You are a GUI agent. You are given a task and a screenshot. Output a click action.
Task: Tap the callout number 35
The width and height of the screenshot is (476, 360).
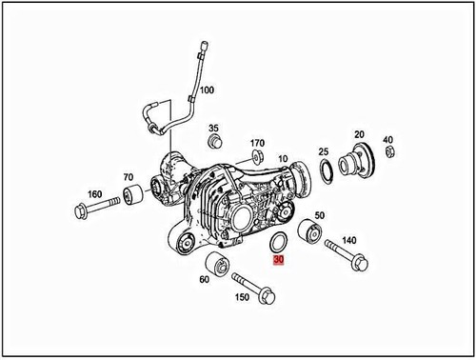click(x=213, y=129)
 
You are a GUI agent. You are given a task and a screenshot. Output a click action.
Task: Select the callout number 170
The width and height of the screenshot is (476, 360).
click(x=257, y=144)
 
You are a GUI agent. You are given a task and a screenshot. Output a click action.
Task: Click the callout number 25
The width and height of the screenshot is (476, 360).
click(x=323, y=151)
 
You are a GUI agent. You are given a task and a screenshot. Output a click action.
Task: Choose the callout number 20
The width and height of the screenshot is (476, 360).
click(x=359, y=134)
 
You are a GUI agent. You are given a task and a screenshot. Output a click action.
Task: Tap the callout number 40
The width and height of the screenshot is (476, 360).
click(x=387, y=141)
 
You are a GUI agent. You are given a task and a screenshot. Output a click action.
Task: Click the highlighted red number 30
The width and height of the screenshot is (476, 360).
click(x=278, y=259)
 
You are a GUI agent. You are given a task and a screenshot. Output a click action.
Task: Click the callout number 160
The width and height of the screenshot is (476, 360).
click(x=93, y=194)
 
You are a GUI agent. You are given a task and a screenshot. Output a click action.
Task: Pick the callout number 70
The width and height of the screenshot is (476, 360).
click(x=128, y=178)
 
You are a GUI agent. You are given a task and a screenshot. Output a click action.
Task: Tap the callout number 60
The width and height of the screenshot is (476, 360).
click(x=204, y=279)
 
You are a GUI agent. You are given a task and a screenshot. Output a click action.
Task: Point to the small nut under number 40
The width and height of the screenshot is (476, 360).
click(x=390, y=156)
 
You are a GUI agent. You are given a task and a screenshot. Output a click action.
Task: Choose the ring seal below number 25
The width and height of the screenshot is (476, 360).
click(x=326, y=170)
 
